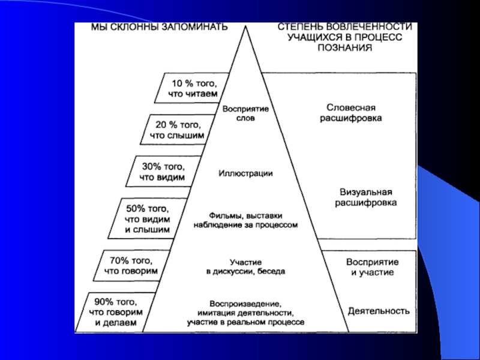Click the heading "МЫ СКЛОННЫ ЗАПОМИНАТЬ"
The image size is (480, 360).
(x=159, y=28)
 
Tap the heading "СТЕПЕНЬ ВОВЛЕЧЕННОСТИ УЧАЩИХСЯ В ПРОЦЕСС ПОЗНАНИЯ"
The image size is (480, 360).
(x=344, y=37)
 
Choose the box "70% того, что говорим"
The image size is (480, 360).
(x=131, y=265)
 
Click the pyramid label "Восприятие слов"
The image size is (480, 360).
(x=245, y=115)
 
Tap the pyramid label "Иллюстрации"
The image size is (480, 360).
(x=245, y=174)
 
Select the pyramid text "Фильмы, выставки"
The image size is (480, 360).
(x=245, y=215)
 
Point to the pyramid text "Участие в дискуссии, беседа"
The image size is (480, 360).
(x=245, y=266)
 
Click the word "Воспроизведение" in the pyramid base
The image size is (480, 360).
(x=245, y=303)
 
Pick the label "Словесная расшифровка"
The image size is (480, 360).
(x=349, y=113)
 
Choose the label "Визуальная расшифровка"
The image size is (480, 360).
(x=365, y=197)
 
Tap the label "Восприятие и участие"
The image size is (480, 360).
(x=372, y=267)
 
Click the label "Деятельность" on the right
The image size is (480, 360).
(x=379, y=311)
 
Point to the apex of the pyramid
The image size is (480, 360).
(x=245, y=25)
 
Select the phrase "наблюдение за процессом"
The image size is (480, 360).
(x=245, y=225)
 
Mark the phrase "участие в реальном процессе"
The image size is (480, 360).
(x=245, y=322)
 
